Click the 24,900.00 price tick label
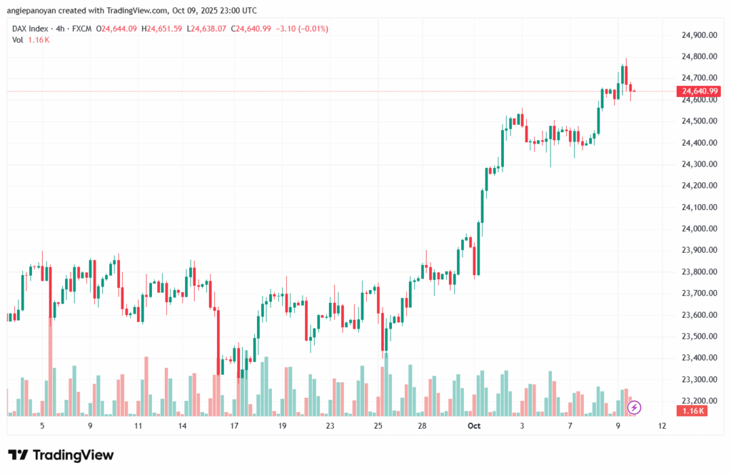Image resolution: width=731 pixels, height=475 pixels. pyautogui.click(x=699, y=35)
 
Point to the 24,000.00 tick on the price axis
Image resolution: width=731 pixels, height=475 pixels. pyautogui.click(x=699, y=229)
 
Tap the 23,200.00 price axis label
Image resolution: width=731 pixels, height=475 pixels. pyautogui.click(x=699, y=401)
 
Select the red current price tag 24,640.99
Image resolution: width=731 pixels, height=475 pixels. pyautogui.click(x=699, y=91)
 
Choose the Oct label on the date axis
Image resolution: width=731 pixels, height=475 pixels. pyautogui.click(x=473, y=426)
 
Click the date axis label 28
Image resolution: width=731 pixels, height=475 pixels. pyautogui.click(x=423, y=426)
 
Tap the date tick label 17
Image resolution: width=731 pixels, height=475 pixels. pyautogui.click(x=234, y=426)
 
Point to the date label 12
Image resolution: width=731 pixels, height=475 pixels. pyautogui.click(x=662, y=426)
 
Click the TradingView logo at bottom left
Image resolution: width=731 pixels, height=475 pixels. pyautogui.click(x=61, y=455)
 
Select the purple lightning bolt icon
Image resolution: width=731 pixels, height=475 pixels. pyautogui.click(x=635, y=408)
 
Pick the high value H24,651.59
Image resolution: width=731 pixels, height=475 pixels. pyautogui.click(x=162, y=29)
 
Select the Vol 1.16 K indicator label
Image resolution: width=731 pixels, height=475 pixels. pyautogui.click(x=31, y=39)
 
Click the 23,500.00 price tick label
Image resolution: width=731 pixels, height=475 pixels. pyautogui.click(x=699, y=336)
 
